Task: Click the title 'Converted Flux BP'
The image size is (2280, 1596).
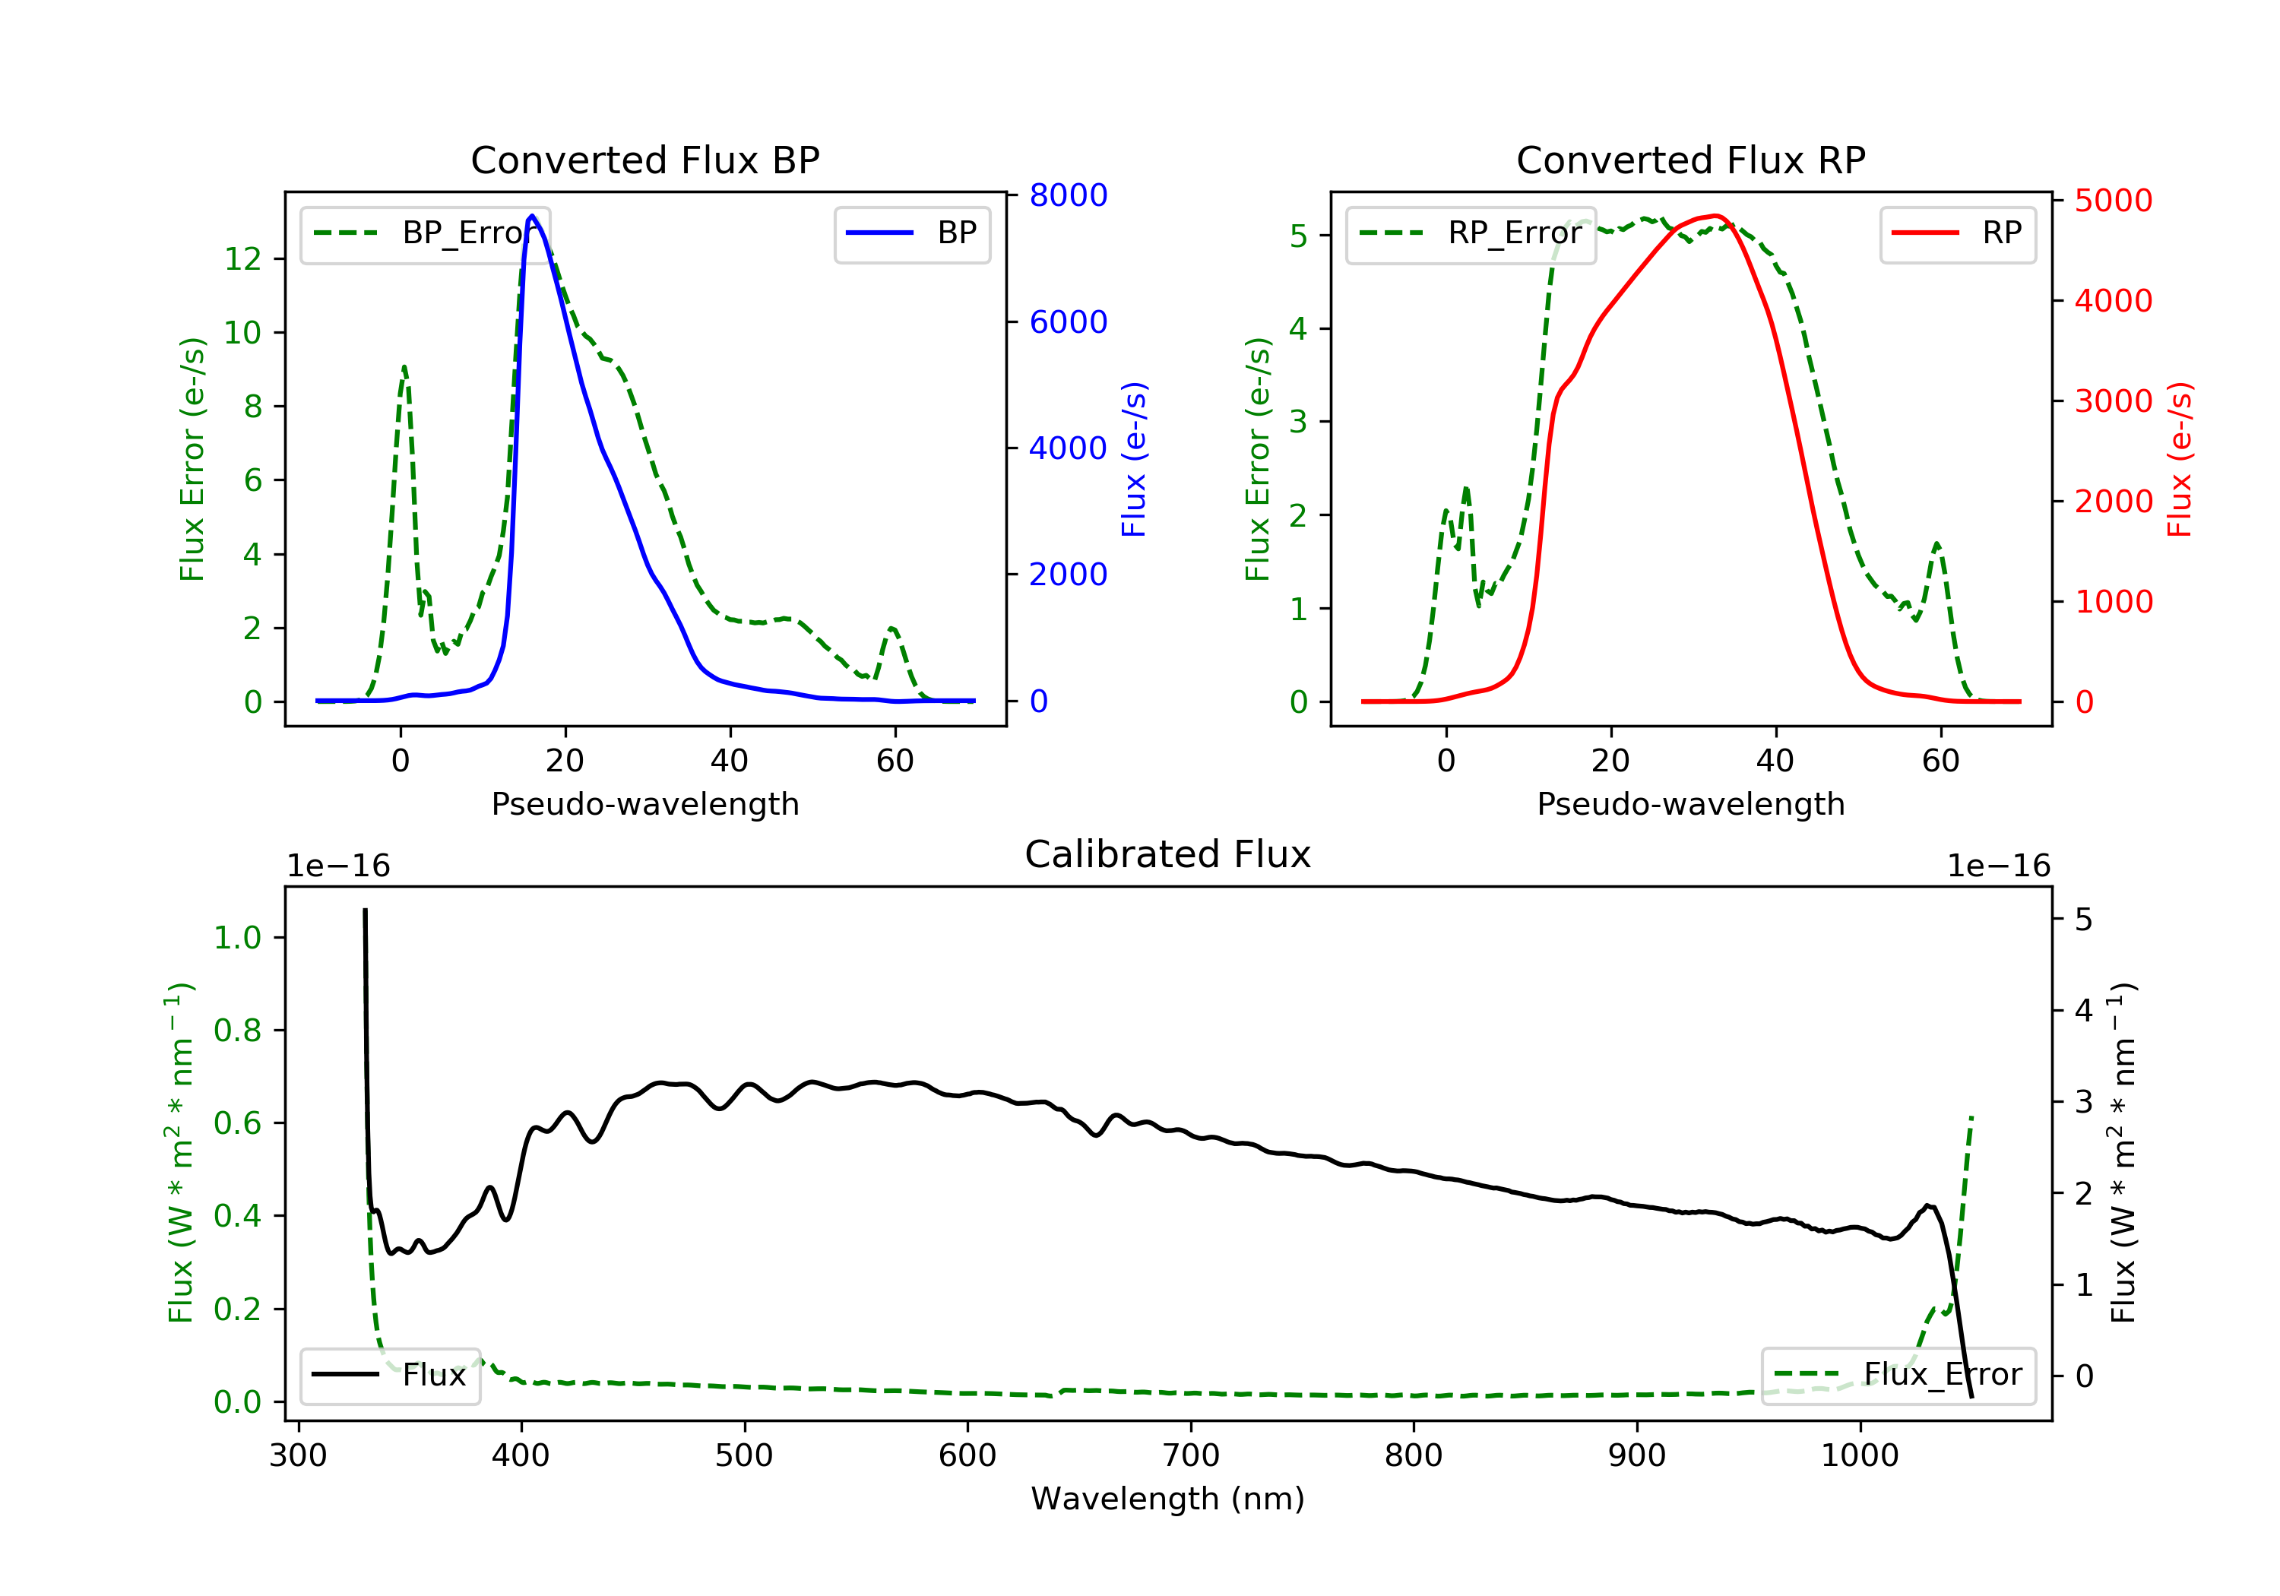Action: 644,160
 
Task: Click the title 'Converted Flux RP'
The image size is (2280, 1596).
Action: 1690,160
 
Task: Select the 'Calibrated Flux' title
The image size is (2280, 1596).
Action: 1168,854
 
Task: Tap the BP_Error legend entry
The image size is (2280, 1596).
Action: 425,233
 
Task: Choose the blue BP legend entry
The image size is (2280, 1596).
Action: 911,233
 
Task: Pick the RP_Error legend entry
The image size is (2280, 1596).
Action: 1471,233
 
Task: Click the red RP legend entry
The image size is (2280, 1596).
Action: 1957,233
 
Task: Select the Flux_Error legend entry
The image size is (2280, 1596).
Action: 1898,1375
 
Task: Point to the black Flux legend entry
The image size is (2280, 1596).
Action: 389,1375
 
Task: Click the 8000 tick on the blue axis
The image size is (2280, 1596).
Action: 1069,195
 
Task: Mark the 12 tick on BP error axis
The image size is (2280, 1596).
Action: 242,259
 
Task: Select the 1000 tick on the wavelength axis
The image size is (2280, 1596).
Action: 1860,1456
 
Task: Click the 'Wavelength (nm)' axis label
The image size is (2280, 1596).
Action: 1168,1499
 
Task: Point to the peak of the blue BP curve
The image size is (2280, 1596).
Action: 532,216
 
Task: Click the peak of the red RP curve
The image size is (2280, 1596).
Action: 1716,216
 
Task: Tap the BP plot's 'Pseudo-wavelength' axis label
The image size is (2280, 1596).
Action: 645,803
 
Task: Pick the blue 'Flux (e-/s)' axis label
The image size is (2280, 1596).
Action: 1134,460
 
